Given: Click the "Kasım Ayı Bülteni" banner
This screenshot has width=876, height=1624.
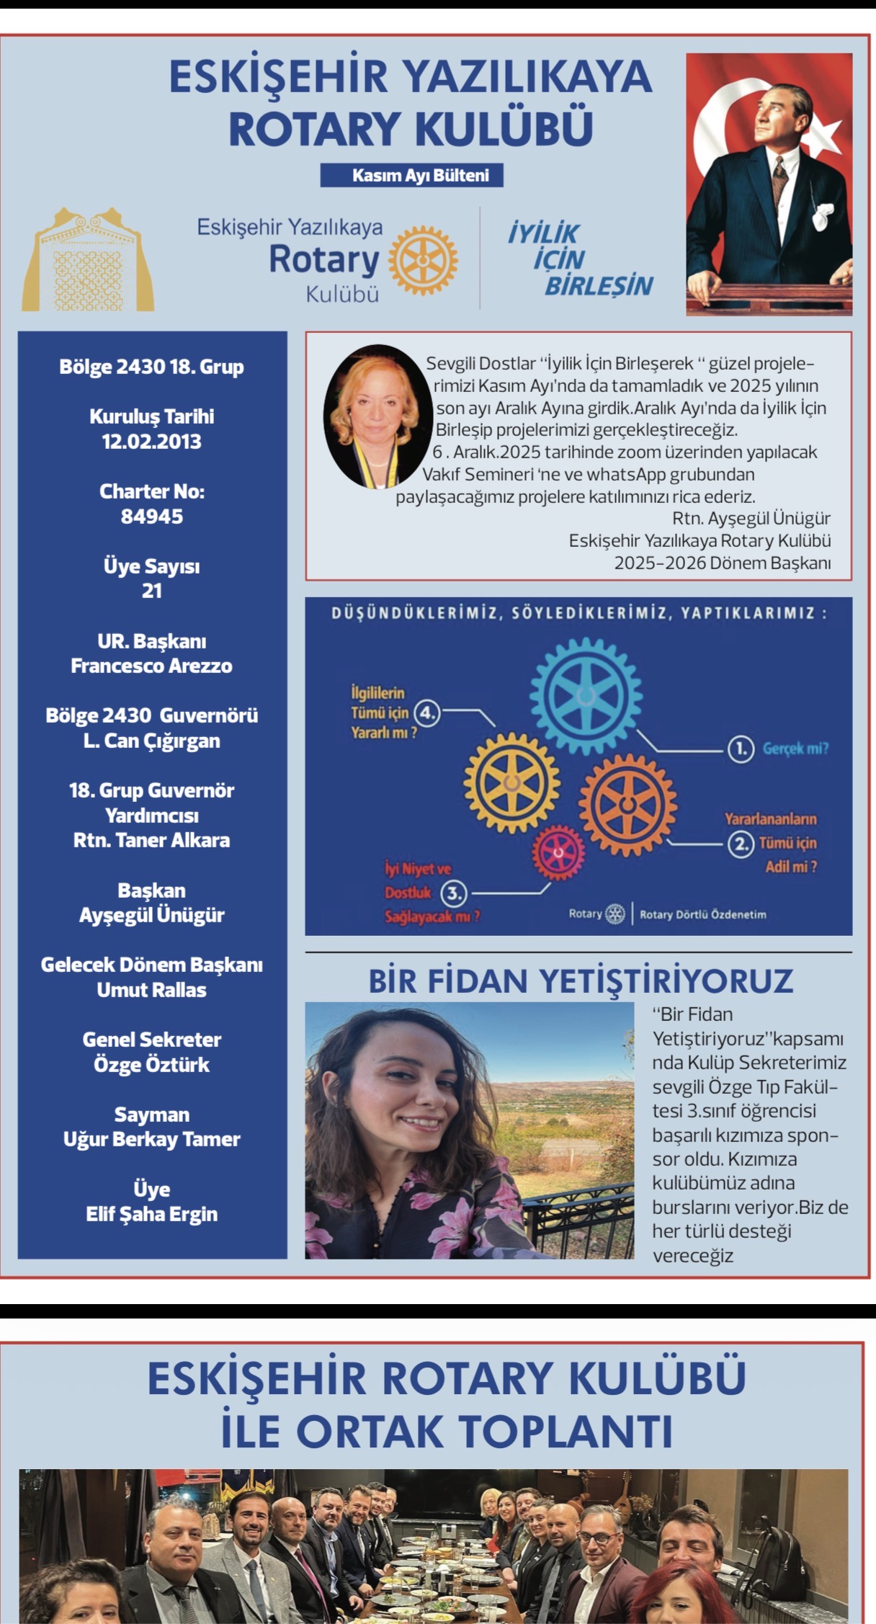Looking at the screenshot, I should click(412, 175).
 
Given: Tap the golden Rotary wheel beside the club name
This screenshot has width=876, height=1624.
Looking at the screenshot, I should click(423, 261).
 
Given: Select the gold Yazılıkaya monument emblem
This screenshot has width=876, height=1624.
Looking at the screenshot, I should click(88, 261).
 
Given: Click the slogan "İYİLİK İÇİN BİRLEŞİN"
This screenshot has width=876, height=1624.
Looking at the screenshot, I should click(579, 259).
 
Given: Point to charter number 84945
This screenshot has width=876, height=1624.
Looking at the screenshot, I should click(152, 517).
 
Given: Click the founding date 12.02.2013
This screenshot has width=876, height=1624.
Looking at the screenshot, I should click(152, 442).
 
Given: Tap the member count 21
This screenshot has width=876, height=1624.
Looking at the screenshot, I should click(152, 591).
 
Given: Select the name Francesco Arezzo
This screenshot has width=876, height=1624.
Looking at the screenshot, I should click(152, 666).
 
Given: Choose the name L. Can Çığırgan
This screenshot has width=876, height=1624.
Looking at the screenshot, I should click(152, 741).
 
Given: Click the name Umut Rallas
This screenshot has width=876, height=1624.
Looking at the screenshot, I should click(152, 990).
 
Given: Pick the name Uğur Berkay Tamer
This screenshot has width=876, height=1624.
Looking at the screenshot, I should click(152, 1139).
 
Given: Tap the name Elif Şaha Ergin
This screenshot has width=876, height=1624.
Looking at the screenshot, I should click(152, 1214).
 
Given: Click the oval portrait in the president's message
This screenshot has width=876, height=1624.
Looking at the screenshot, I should click(374, 416).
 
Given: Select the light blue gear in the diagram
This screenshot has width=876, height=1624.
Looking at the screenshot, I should click(586, 696).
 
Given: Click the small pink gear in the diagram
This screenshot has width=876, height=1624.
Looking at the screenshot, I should click(558, 853).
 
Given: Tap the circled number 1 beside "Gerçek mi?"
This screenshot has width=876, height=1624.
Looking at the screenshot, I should click(741, 749).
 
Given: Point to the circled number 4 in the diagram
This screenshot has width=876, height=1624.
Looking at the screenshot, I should click(427, 713).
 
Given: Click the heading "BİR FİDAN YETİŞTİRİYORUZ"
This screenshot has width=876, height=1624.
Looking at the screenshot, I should click(581, 981).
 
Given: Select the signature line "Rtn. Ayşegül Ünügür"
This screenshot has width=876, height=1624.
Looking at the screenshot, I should click(751, 519).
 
